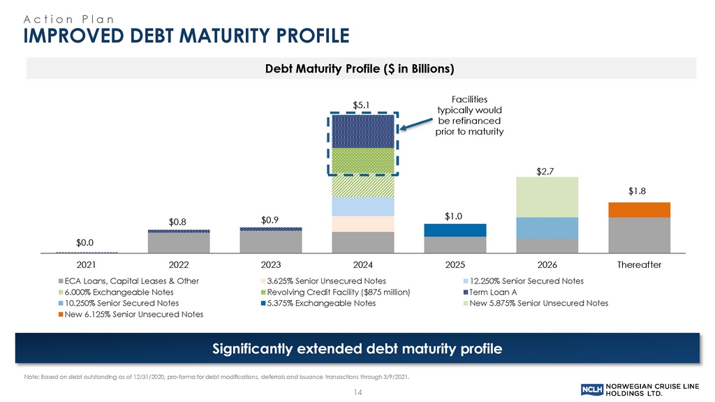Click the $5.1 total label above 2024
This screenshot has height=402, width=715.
click(x=362, y=105)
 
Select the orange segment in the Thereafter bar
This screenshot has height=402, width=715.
click(x=639, y=209)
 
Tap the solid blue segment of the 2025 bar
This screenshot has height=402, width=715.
click(x=455, y=230)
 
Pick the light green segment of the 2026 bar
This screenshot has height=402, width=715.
click(x=547, y=197)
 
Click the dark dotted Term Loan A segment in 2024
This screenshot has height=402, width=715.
click(x=362, y=131)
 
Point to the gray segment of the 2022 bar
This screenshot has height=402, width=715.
click(x=179, y=242)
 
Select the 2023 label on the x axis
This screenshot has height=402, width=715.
click(x=270, y=265)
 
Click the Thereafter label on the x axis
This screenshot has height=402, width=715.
click(x=639, y=265)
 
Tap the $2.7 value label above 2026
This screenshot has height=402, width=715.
click(x=547, y=170)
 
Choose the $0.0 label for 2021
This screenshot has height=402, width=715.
click(x=86, y=241)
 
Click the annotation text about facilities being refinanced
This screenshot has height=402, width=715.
click(x=469, y=115)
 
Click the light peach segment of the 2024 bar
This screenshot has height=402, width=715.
click(x=362, y=223)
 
